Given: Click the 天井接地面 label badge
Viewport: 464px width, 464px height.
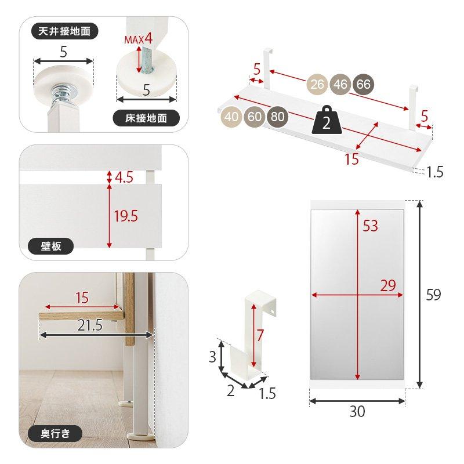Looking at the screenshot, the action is point(64,31).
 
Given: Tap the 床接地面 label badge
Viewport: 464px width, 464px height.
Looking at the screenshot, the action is point(146,118).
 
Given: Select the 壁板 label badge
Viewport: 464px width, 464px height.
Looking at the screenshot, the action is point(50,246).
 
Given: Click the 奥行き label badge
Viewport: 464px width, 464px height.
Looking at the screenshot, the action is point(55,433).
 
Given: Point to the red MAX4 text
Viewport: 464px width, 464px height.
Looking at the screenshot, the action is point(138,39).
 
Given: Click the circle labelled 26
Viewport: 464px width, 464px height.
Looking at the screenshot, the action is point(317,84).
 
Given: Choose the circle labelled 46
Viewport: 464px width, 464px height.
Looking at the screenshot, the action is point(340,84).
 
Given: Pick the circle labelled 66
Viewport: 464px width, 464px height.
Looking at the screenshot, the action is point(364,84).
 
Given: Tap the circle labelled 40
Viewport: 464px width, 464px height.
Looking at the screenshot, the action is point(231,117).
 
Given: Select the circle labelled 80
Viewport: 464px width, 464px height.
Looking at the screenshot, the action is point(278,117).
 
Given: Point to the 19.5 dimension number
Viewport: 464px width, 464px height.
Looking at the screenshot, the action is point(126,216).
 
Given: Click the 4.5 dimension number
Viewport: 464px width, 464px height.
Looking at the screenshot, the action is point(124,177).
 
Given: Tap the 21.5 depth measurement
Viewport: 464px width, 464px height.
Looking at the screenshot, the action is point(90,325).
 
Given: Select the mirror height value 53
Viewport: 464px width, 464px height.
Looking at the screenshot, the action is point(371,226).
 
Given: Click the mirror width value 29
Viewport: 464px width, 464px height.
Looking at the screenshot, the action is point(388,285).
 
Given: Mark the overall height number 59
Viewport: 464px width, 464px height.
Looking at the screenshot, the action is point(433,295).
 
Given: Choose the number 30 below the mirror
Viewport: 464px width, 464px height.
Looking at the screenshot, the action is point(357,411).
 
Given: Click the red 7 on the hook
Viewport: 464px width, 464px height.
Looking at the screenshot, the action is point(260,335).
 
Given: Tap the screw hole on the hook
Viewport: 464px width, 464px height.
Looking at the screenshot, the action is point(273,311).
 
